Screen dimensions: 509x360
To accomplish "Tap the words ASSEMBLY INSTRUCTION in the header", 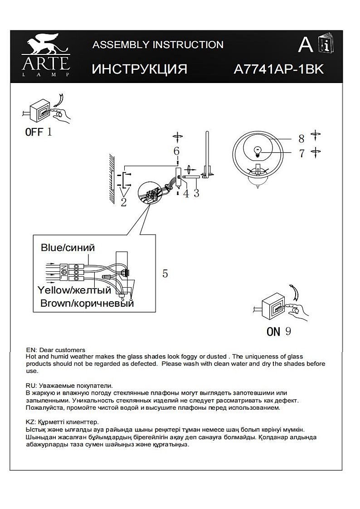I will pyautogui.click(x=158, y=45).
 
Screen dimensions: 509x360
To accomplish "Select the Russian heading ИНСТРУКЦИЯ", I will pyautogui.click(x=139, y=69).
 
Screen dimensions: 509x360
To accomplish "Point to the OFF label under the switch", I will pyautogui.click(x=34, y=132).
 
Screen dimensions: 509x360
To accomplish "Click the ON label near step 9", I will pyautogui.click(x=273, y=332).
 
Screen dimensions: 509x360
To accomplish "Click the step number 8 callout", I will pyautogui.click(x=301, y=139).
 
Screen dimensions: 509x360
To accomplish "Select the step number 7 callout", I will pyautogui.click(x=302, y=153).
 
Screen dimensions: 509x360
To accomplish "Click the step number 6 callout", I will pyautogui.click(x=176, y=151).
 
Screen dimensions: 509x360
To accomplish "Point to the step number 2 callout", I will pyautogui.click(x=123, y=202).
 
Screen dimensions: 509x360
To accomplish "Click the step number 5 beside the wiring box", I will pyautogui.click(x=165, y=274).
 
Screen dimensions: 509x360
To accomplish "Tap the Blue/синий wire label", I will pyautogui.click(x=68, y=248).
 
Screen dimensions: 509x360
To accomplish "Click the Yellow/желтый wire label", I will pyautogui.click(x=74, y=290).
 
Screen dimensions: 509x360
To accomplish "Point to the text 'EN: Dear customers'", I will pyautogui.click(x=56, y=350).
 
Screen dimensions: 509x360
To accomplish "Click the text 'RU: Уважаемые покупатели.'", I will pyautogui.click(x=69, y=385).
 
